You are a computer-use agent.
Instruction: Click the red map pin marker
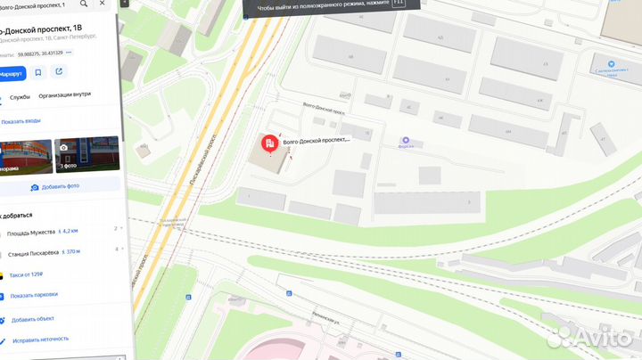pos(267,143)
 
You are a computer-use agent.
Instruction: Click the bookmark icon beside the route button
pos(37,72)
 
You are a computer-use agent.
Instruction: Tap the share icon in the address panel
pos(59,72)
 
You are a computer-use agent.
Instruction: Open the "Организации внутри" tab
pos(64,95)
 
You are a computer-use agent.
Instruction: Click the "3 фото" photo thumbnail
pos(87,153)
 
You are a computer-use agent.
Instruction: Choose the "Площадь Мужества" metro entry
pos(37,232)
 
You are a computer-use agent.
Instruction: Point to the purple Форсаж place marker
pos(406,141)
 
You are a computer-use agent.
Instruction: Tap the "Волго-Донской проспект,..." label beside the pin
pos(317,141)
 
